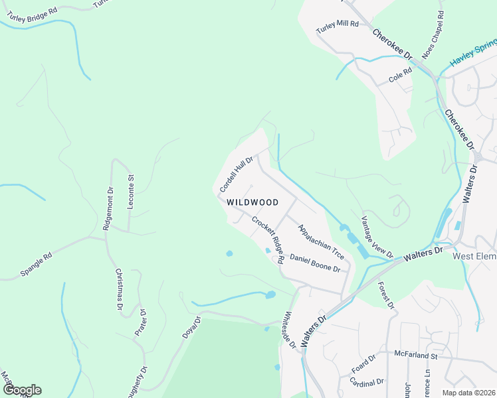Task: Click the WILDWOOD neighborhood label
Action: click(x=252, y=202)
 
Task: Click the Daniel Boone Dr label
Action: click(x=315, y=263)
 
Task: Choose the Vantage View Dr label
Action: click(x=377, y=237)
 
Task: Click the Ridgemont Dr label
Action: click(x=108, y=208)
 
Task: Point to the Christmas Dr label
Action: click(x=120, y=290)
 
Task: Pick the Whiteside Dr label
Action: click(x=289, y=330)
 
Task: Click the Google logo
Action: click(x=21, y=390)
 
